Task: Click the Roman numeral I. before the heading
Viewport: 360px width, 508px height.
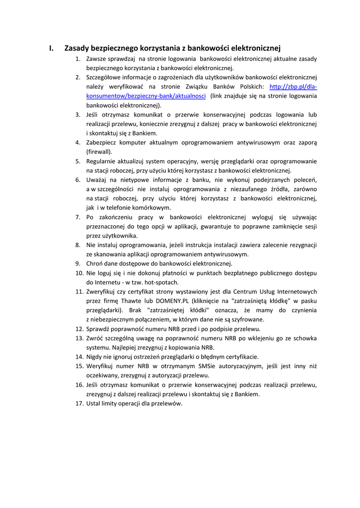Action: [x=51, y=48]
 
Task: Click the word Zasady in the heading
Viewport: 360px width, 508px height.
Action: [x=77, y=48]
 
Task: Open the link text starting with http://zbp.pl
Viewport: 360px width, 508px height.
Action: [x=293, y=87]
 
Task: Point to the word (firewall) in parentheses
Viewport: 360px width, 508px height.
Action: [x=99, y=152]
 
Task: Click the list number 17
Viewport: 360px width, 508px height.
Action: [x=79, y=403]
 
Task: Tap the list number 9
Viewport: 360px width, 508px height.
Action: [x=78, y=263]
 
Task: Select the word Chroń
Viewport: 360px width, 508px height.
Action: [x=95, y=263]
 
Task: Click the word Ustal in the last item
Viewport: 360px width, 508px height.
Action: [x=94, y=403]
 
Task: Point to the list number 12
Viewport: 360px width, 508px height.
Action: [x=79, y=329]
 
